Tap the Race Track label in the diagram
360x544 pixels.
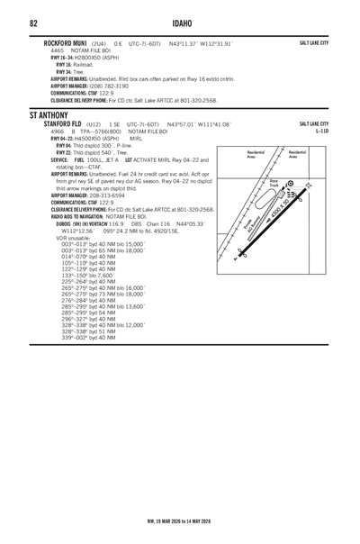[x=274, y=183]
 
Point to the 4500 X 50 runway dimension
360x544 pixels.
[x=282, y=206]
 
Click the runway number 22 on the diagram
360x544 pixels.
[x=308, y=186]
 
